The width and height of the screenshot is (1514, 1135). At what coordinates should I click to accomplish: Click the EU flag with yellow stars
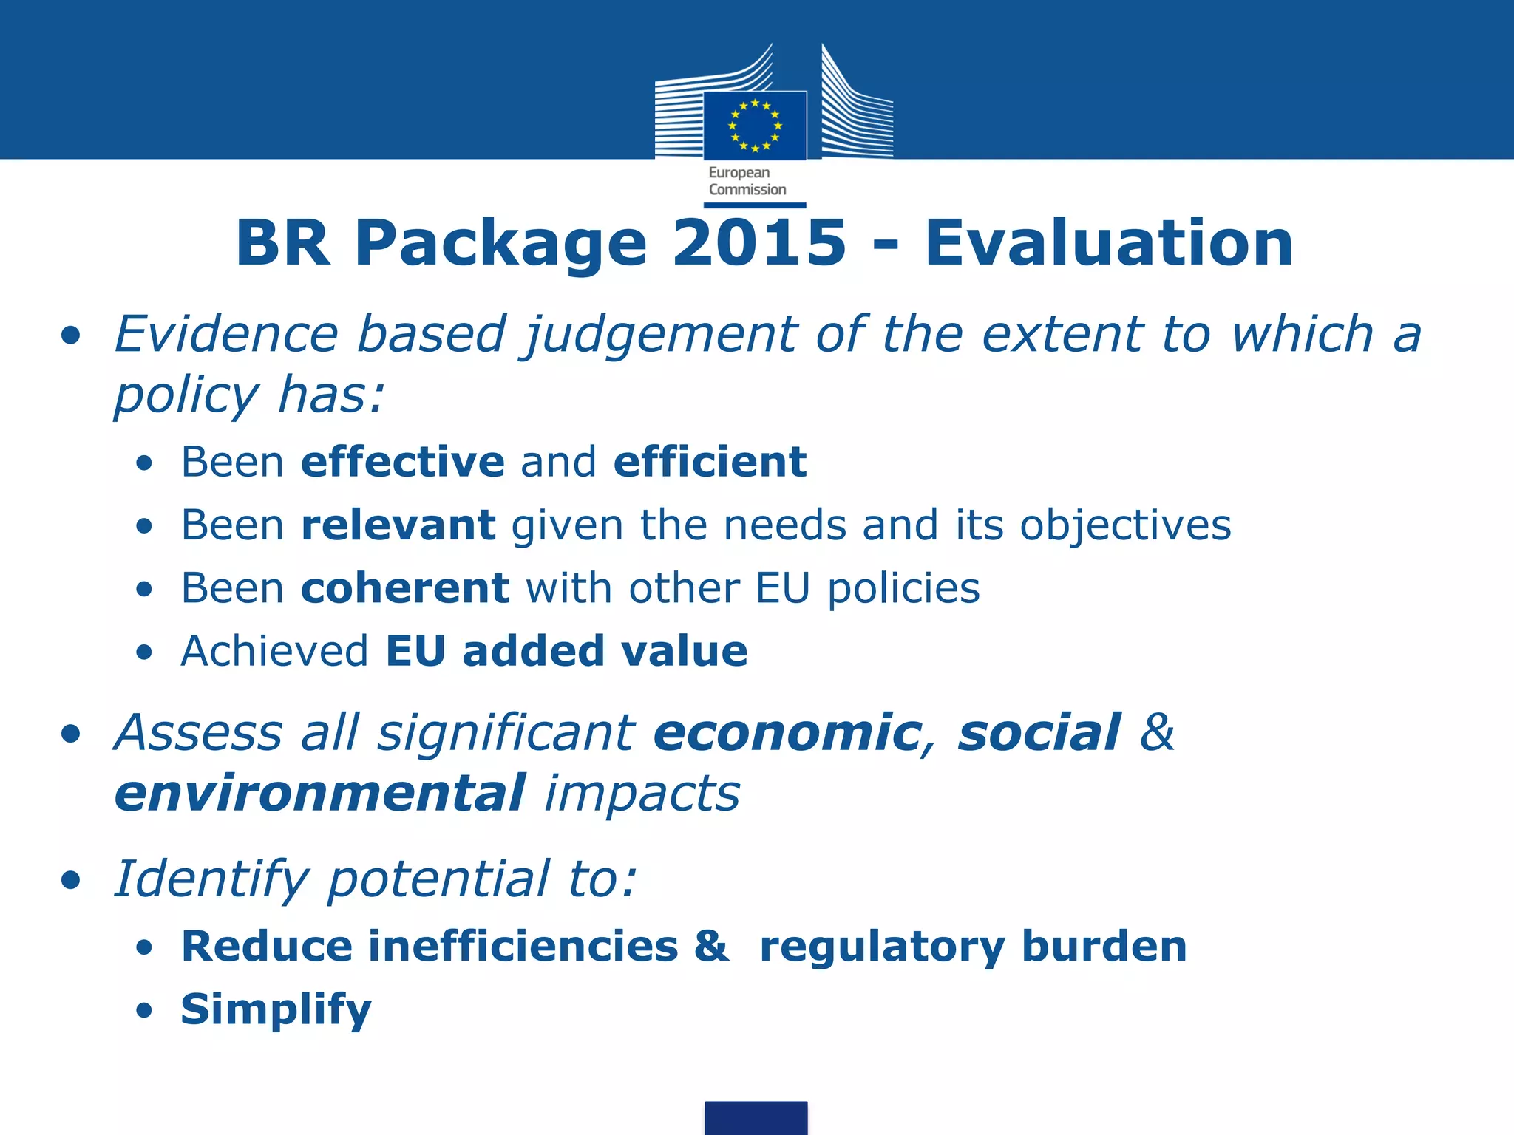click(755, 125)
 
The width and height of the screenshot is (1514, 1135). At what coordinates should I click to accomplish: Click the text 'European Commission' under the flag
click(747, 181)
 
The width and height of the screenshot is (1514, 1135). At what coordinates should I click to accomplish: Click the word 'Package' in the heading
click(500, 244)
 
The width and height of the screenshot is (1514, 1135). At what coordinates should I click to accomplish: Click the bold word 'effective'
click(403, 462)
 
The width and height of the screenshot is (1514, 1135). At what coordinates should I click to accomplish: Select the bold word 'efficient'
click(710, 462)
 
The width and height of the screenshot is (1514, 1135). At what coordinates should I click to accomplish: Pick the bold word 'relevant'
click(398, 525)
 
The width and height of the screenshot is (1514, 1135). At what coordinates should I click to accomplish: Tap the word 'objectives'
click(1125, 526)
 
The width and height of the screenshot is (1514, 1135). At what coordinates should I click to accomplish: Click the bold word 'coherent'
click(405, 588)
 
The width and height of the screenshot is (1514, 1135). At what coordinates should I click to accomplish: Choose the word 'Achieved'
click(274, 651)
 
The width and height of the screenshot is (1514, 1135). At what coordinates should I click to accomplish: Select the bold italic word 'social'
click(1039, 733)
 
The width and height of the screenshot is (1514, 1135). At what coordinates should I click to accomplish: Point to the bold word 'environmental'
click(320, 794)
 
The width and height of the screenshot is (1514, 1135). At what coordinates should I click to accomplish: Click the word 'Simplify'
click(276, 1010)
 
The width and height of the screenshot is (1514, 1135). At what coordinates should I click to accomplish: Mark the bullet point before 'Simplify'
click(144, 1010)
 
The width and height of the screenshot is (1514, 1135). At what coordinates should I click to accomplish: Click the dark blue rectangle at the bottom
click(756, 1117)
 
